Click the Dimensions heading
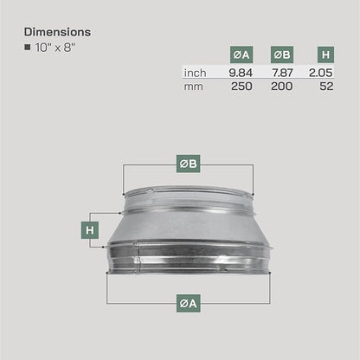coord(57,32)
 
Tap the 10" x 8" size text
coord(55,48)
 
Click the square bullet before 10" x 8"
coord(28,47)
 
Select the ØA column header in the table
coord(241,55)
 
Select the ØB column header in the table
coord(282,55)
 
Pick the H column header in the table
coord(325,55)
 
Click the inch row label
coord(195,73)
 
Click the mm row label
coord(193,87)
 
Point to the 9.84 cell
coord(241,73)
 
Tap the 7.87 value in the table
coord(282,73)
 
